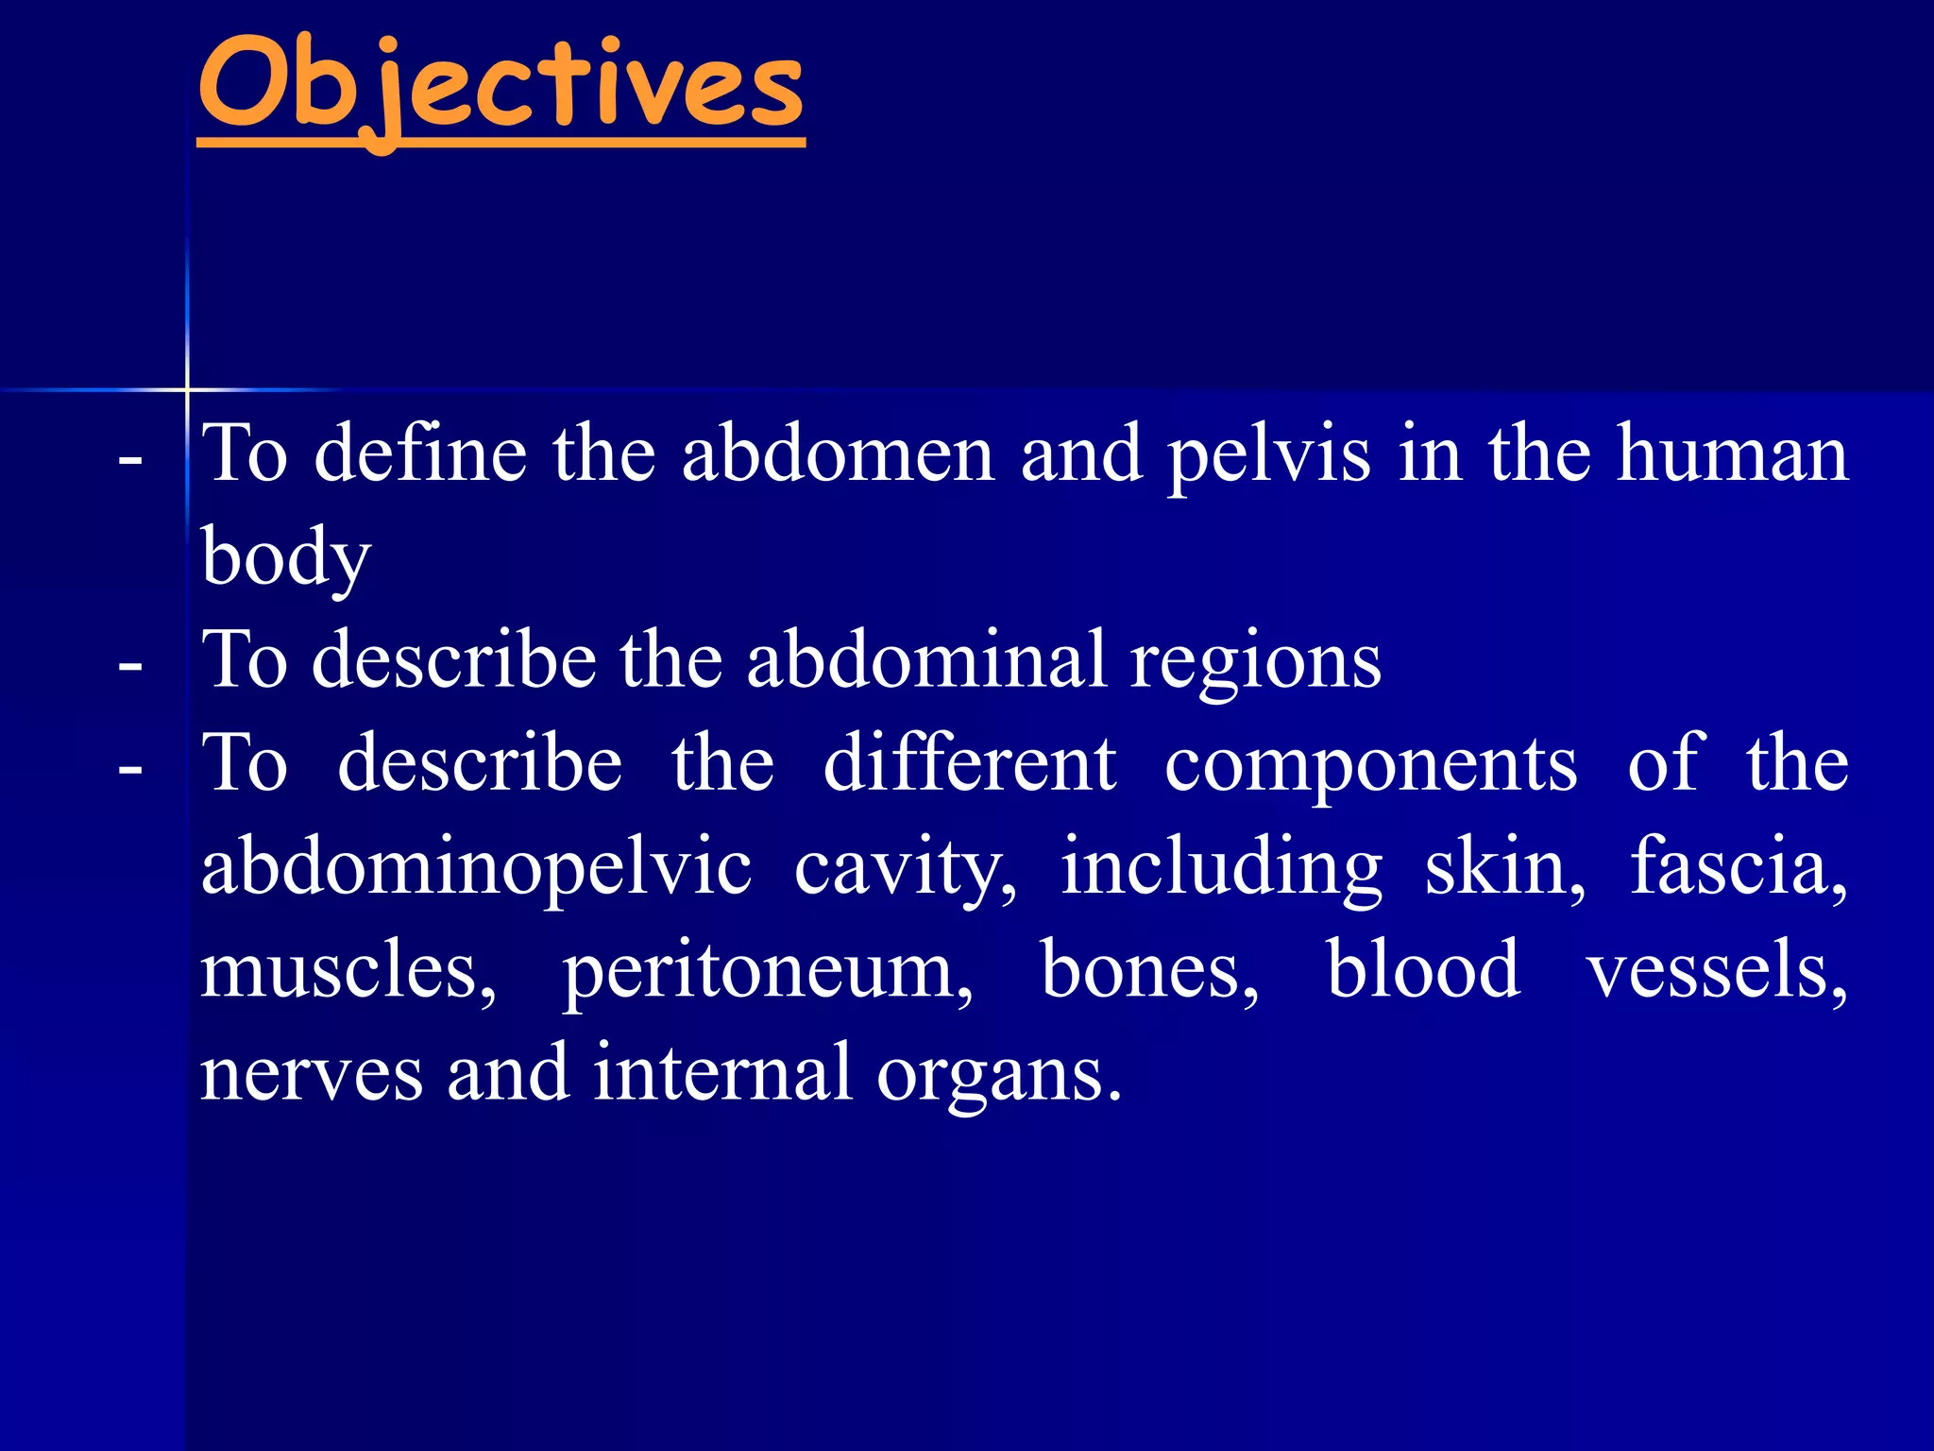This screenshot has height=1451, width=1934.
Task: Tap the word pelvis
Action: coord(1268,454)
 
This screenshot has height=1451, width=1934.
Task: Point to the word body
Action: coord(286,557)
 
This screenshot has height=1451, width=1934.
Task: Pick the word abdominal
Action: coord(925,659)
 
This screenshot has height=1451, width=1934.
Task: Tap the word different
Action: coord(969,762)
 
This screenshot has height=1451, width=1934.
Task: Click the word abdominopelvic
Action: coord(476,867)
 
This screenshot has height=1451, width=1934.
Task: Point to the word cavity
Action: coord(905,867)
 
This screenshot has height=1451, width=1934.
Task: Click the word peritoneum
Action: coord(767,971)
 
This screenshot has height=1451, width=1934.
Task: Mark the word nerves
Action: coord(312,1074)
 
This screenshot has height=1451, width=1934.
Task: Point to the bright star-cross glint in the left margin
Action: coord(187,389)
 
